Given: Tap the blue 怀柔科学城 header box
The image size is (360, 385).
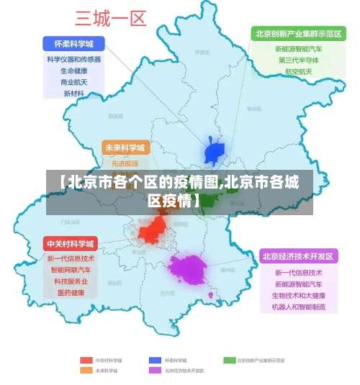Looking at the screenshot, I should [73, 43].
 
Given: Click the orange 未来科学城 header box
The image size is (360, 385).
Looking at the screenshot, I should [125, 148].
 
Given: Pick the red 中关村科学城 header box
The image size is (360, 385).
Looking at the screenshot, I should [71, 243].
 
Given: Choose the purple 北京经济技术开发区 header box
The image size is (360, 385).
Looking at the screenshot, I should [298, 256].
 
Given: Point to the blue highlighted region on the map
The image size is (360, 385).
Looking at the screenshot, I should [215, 153].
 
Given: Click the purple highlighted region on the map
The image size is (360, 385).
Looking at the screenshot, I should [188, 269].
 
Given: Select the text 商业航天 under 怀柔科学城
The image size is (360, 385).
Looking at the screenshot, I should [73, 82].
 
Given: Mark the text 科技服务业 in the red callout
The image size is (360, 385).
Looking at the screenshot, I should [71, 281].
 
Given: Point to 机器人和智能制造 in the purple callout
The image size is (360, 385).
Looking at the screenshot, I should [299, 307].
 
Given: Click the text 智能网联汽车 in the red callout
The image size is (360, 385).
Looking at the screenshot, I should [71, 270].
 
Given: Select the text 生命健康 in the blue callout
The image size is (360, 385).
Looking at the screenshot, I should [73, 71].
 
